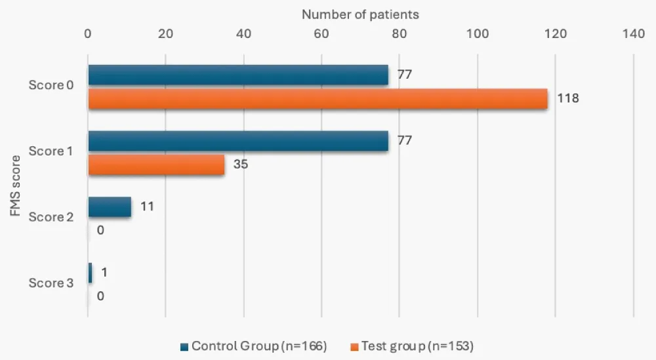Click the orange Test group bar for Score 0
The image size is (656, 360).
point(318,99)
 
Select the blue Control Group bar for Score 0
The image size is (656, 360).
point(238,75)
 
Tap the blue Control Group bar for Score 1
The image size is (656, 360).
point(238,141)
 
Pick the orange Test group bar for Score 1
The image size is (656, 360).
point(156,165)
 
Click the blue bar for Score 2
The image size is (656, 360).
point(110,207)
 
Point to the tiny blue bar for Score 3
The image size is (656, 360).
point(90,273)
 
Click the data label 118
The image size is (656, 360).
point(568,99)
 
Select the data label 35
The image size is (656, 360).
point(241,165)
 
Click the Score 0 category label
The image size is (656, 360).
point(51,85)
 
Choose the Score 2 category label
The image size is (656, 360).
point(51,217)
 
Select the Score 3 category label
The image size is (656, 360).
point(51,283)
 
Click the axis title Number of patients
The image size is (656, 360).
point(360,14)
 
